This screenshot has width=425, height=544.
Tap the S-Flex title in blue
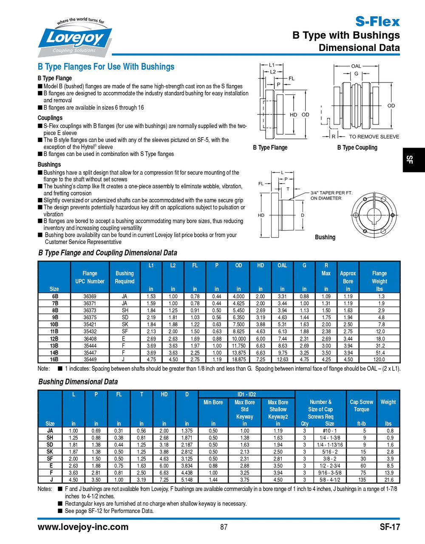[377, 21]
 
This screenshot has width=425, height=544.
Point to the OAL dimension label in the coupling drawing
[356, 66]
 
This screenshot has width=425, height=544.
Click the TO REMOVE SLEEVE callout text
[374, 136]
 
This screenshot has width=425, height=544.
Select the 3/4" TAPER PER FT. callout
[331, 193]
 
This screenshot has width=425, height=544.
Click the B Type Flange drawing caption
[270, 147]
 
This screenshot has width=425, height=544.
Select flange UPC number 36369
[90, 296]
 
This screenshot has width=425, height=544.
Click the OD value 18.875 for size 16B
[238, 359]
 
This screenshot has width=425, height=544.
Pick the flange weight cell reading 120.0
[379, 359]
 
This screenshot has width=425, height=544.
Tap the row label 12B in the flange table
[54, 338]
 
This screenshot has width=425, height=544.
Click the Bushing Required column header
[125, 277]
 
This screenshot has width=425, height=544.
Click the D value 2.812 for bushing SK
[187, 452]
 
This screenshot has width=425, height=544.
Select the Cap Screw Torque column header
[361, 405]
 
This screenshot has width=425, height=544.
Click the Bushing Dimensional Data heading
[78, 382]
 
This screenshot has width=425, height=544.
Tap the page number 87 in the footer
[224, 527]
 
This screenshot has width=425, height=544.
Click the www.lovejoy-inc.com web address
[83, 527]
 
